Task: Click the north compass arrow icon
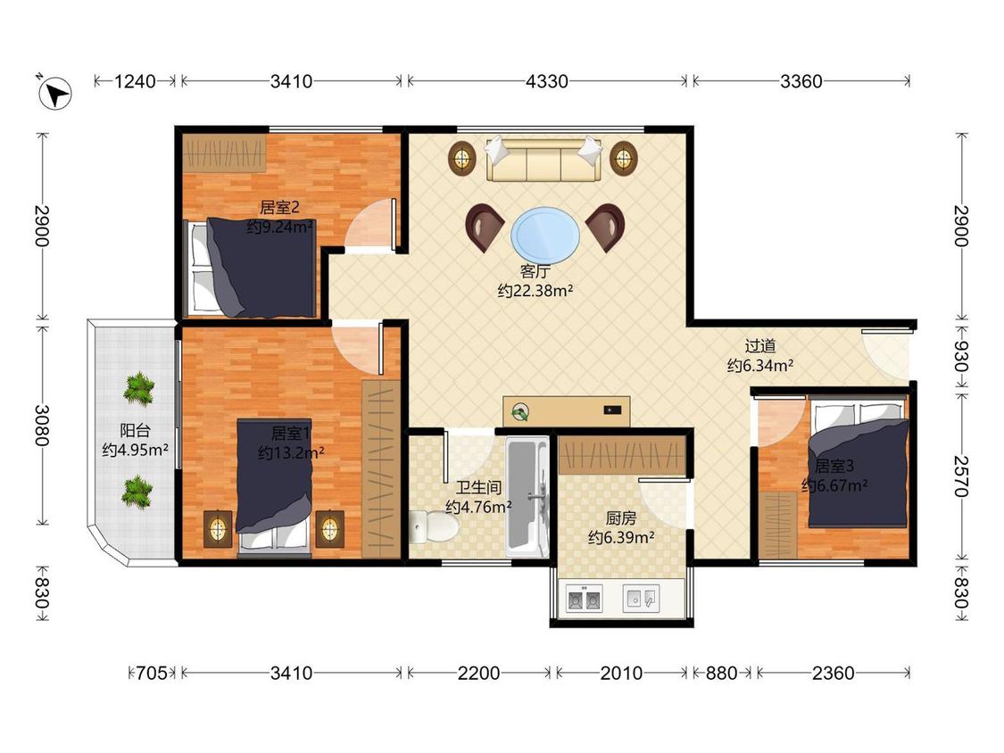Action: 55,94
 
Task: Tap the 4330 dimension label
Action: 547,81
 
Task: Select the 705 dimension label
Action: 152,673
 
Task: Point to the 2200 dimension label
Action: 479,673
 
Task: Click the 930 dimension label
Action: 960,357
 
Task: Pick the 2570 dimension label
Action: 960,476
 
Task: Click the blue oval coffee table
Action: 545,235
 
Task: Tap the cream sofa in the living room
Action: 543,160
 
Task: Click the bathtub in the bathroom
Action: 527,497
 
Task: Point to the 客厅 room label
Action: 535,271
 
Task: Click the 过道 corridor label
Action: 760,346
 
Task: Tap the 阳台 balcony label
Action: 135,430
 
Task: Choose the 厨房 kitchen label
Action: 620,518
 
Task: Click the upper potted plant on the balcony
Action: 138,389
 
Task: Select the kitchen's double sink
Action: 584,600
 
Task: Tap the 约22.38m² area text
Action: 535,291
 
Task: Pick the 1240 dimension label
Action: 135,81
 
